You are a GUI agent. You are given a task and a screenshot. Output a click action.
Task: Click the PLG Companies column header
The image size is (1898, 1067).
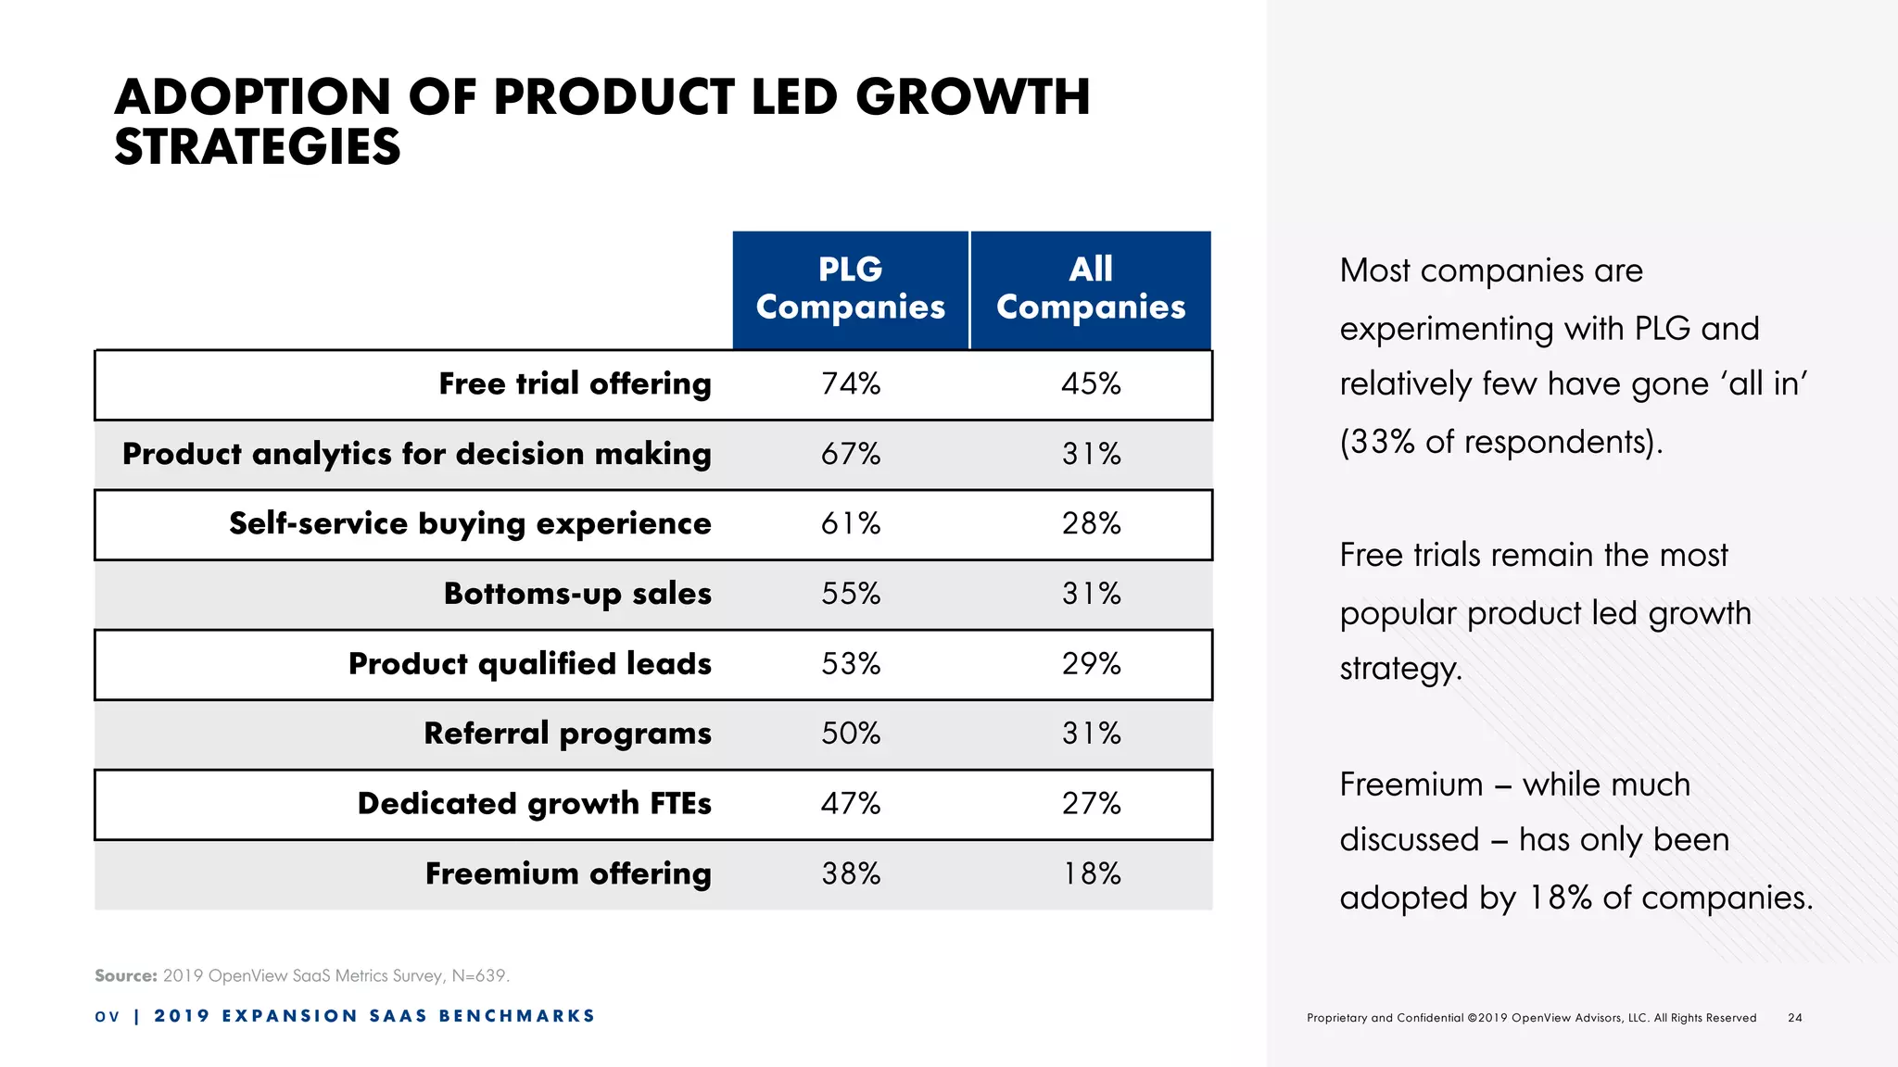850,288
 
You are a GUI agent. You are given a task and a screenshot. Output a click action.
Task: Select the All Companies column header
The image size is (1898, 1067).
1090,288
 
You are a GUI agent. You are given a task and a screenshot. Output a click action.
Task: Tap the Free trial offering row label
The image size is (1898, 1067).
575,383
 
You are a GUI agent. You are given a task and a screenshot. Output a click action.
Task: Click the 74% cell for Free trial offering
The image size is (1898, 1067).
850,383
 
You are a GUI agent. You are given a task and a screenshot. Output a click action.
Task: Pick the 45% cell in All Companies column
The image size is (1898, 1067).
1091,383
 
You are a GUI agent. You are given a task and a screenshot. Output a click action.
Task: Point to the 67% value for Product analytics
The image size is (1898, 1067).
850,454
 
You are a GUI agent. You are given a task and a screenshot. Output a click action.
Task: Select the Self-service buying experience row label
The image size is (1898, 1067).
470,523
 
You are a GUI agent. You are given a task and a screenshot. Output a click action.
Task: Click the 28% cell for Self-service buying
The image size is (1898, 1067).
1091,523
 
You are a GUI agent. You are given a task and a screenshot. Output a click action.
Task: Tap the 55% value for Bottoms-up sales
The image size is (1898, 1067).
850,594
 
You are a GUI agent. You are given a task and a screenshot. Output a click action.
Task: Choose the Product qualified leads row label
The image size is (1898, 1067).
529,663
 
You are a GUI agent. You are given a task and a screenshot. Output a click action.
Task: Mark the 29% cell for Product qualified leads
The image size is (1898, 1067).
1091,663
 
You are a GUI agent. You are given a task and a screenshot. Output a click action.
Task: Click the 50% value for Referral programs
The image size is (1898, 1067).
850,734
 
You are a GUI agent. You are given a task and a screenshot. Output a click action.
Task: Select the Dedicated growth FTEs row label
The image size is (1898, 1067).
534,803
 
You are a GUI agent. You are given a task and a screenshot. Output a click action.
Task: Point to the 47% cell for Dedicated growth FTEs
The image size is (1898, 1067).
850,803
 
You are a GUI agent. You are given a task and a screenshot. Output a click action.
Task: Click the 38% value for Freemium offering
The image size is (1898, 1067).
850,873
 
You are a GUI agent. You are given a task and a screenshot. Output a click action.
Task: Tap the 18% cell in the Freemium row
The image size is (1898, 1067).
1091,873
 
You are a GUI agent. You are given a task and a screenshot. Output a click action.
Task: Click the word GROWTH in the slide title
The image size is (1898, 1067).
972,96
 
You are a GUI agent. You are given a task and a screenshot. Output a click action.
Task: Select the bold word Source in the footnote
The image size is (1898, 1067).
125,975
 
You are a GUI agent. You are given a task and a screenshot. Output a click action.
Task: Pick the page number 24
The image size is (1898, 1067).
1795,1017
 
